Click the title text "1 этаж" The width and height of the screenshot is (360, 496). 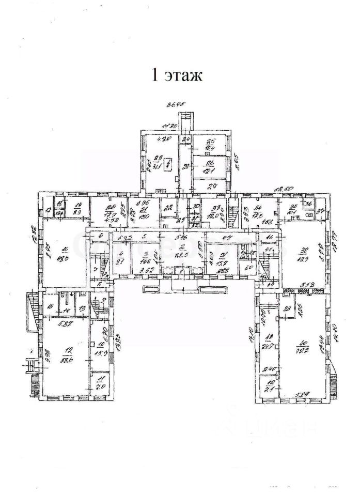[176, 75]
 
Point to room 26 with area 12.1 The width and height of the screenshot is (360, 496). [210, 166]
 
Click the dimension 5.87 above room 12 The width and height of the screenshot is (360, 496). [64, 324]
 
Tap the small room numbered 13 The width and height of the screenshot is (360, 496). [83, 308]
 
